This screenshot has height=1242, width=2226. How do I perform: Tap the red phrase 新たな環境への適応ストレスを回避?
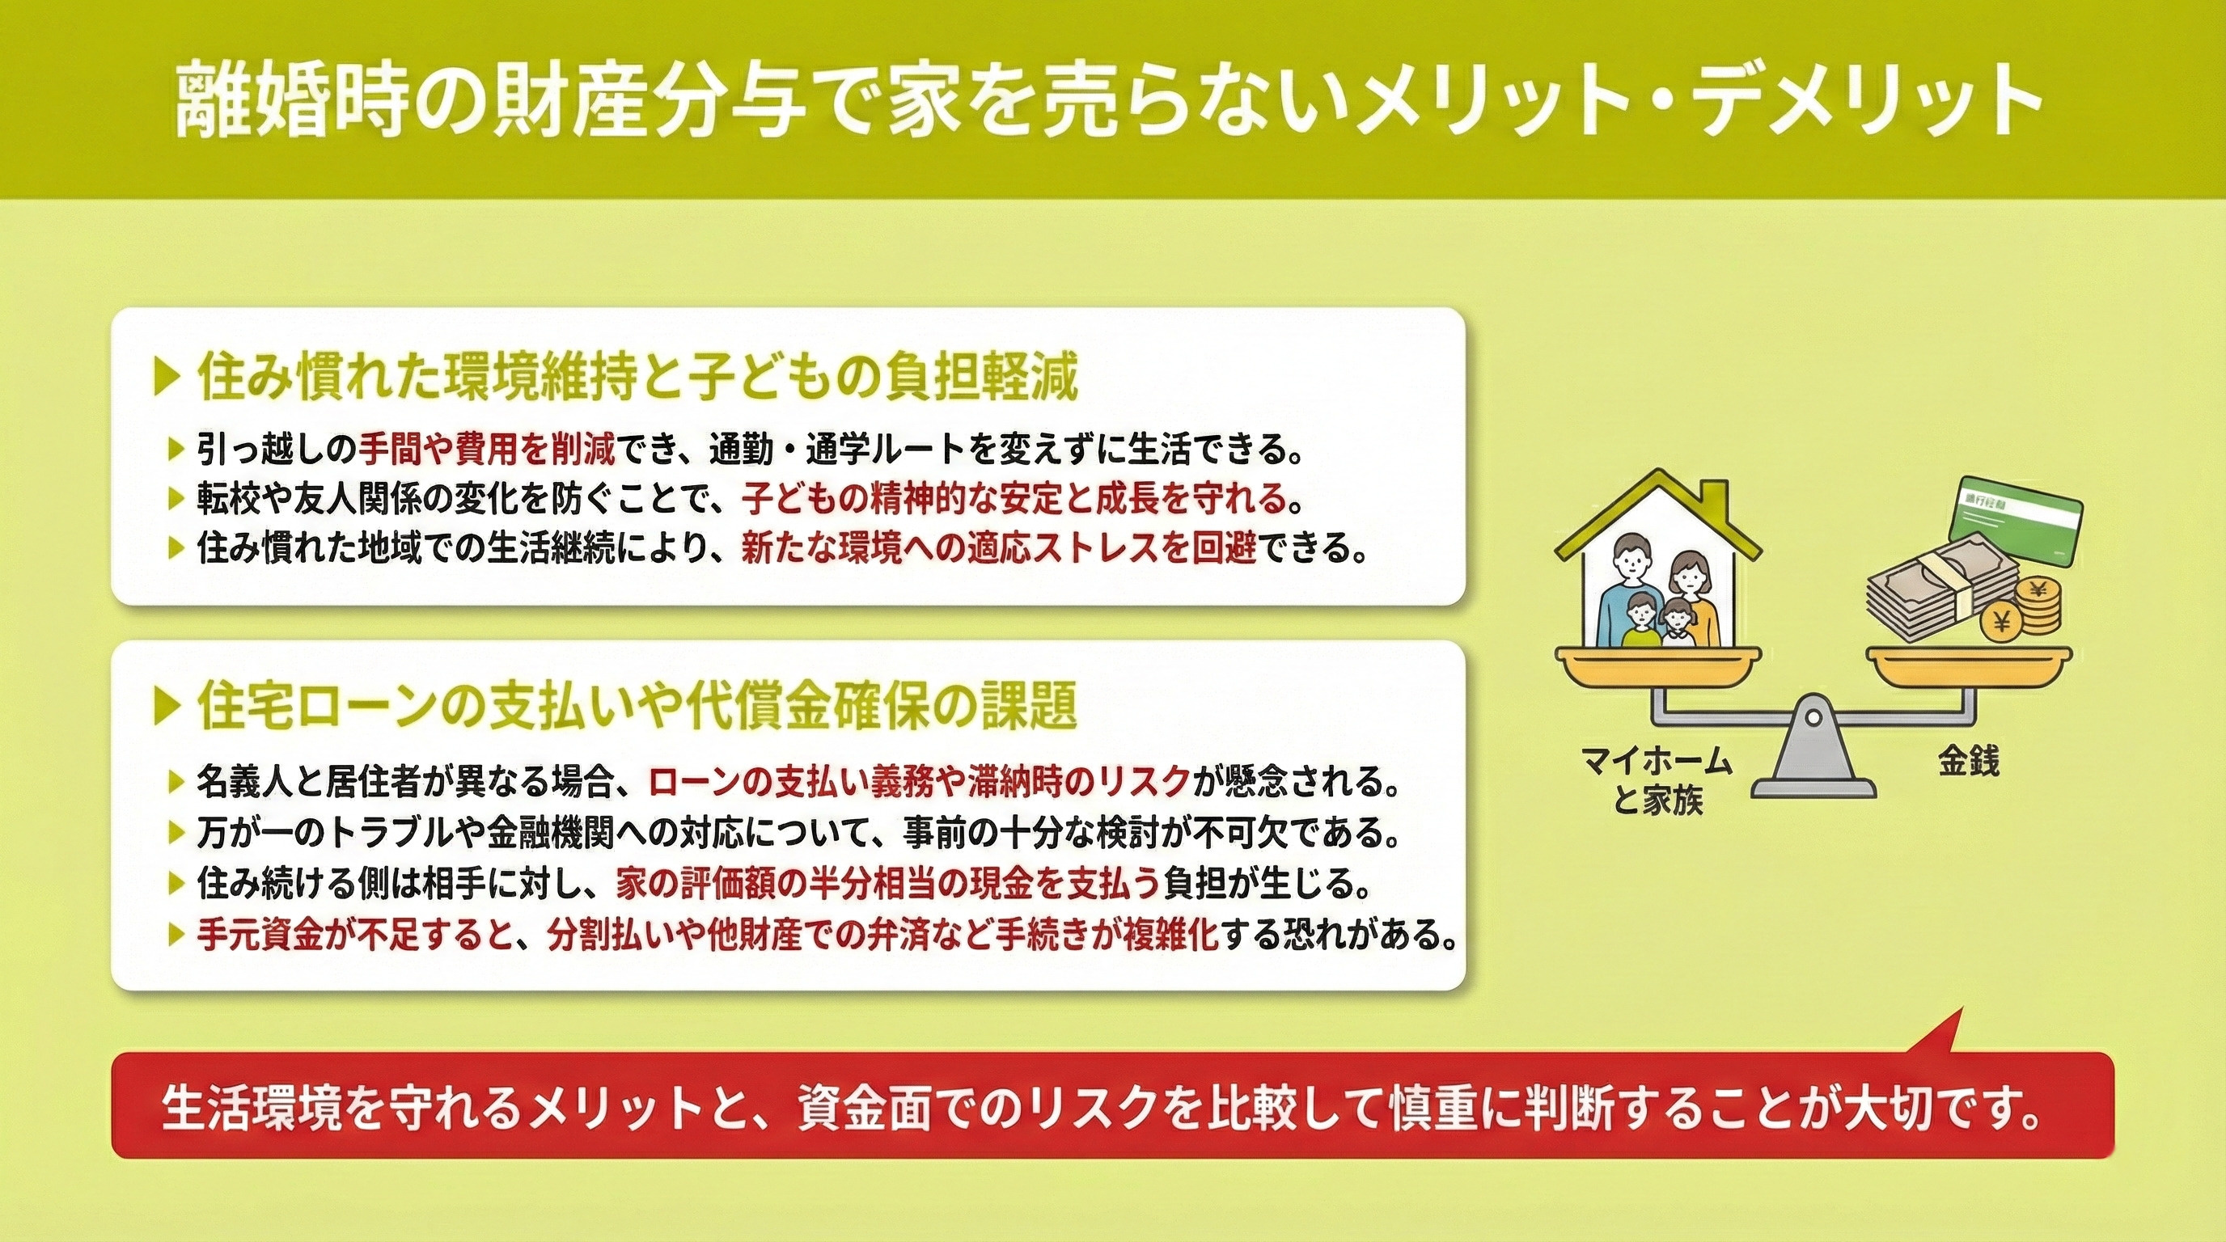pos(998,548)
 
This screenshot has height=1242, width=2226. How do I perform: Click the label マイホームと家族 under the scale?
pos(1657,781)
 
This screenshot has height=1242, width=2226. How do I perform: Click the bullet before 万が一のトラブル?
pos(176,833)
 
